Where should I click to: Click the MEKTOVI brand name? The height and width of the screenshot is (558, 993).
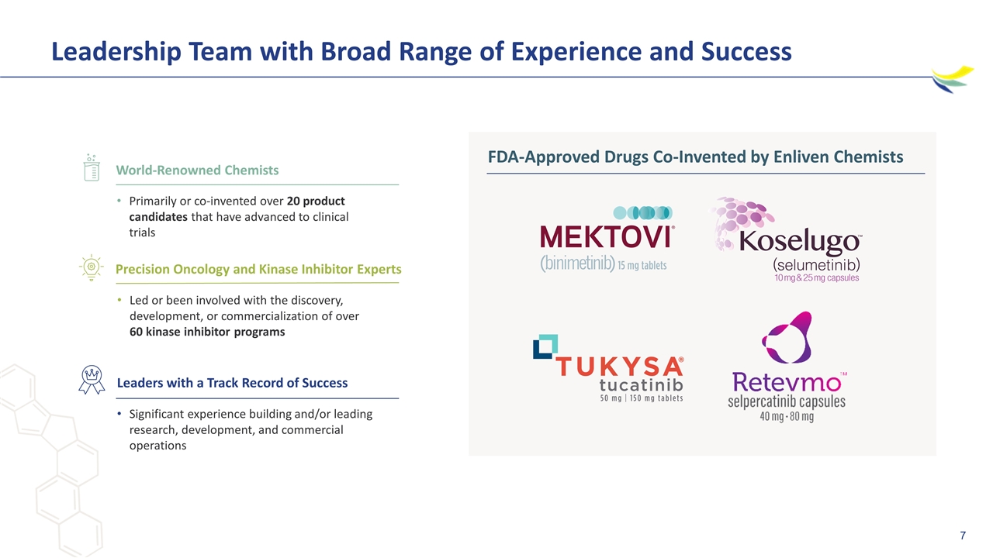[607, 236]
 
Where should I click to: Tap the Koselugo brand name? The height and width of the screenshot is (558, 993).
[800, 241]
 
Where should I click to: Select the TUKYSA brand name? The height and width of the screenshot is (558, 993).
[620, 367]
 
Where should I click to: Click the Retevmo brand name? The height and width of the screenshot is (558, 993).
[787, 382]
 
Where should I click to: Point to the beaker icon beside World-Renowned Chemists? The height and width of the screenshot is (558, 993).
[92, 168]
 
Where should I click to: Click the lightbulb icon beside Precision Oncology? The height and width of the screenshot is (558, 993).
[92, 267]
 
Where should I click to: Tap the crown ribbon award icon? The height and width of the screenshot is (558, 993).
[92, 380]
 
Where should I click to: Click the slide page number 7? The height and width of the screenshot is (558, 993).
[963, 536]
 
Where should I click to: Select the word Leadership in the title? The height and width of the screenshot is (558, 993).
[116, 51]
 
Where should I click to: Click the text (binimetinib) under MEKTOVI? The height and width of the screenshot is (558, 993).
[577, 263]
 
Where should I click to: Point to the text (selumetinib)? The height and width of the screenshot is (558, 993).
[817, 265]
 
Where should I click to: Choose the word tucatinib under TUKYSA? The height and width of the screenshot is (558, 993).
[641, 385]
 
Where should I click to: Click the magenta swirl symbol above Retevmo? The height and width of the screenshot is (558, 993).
[787, 337]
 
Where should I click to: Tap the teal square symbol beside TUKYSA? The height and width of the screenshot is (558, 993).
[545, 346]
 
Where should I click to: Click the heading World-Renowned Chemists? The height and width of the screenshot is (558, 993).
[197, 170]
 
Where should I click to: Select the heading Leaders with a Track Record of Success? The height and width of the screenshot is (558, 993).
[232, 383]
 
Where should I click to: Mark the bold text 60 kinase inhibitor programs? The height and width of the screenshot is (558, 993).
[207, 332]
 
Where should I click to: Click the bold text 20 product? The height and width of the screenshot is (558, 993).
[316, 201]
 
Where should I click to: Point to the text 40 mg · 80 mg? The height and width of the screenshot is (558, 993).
[787, 417]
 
